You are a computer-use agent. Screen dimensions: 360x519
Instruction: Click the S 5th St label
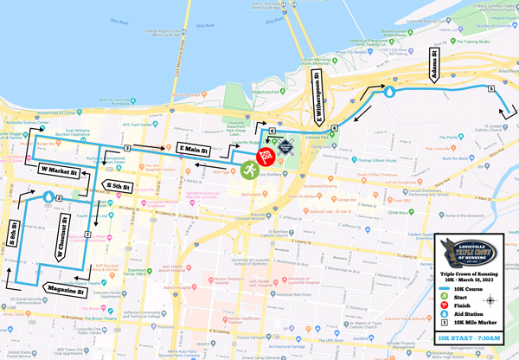[x=117, y=184]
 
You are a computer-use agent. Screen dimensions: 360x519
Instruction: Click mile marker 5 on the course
[x=490, y=88]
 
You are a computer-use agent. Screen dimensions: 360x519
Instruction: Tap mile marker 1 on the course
[x=88, y=235]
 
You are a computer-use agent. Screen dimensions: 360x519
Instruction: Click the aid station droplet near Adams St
[x=388, y=90]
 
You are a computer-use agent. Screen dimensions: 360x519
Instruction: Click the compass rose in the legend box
[x=491, y=301]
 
